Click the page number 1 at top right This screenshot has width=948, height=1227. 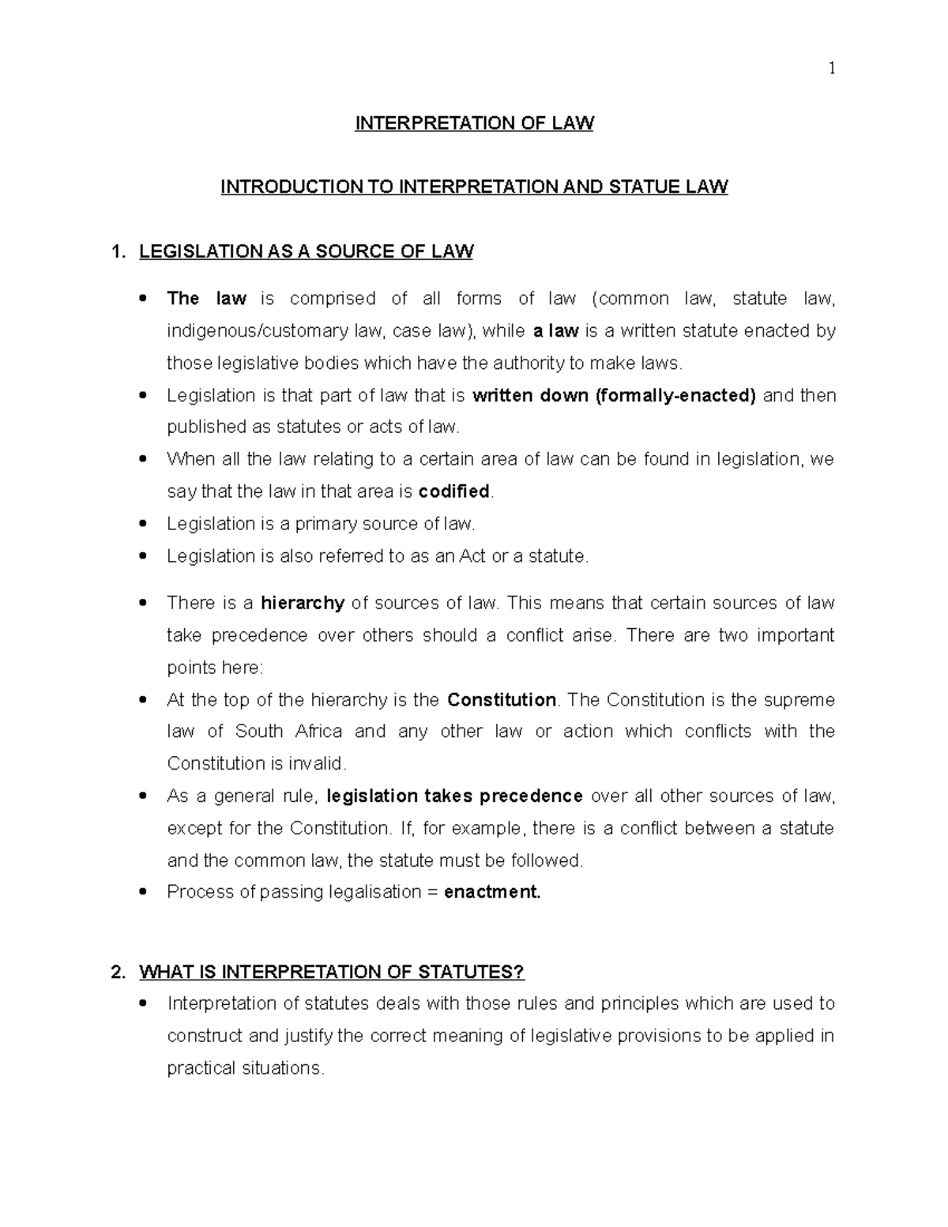pyautogui.click(x=831, y=69)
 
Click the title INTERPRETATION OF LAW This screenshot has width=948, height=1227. pyautogui.click(x=474, y=123)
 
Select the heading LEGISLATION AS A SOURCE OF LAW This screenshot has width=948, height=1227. pyautogui.click(x=306, y=252)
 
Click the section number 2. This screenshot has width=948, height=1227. pyautogui.click(x=118, y=972)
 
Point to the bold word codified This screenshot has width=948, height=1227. pyautogui.click(x=453, y=491)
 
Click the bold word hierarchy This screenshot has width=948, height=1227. pyautogui.click(x=303, y=604)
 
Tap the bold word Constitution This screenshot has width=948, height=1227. pyautogui.click(x=502, y=700)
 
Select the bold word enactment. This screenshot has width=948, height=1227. pyautogui.click(x=492, y=893)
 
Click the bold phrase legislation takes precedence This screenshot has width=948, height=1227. pyautogui.click(x=454, y=796)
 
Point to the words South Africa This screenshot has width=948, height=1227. pyautogui.click(x=289, y=732)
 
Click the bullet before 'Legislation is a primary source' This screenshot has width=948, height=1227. pyautogui.click(x=142, y=524)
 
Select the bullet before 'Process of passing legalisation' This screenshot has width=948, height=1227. pyautogui.click(x=142, y=892)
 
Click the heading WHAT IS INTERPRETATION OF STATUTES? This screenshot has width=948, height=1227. pyautogui.click(x=332, y=972)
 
